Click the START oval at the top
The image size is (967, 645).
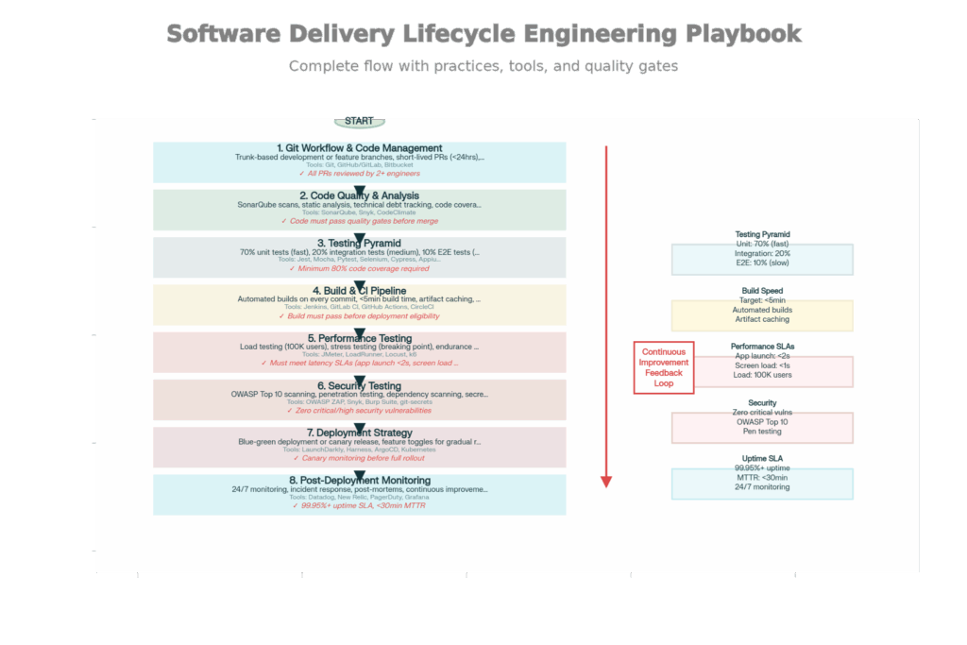coord(359,122)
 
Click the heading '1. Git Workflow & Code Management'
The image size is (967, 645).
coord(359,148)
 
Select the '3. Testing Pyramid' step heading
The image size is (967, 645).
coord(359,244)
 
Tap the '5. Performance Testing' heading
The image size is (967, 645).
coord(359,338)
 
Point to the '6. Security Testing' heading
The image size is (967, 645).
coord(359,385)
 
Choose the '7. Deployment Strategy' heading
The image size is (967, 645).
coord(359,433)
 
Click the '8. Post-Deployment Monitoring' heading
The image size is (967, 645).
coord(359,481)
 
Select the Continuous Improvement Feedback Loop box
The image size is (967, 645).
coord(664,367)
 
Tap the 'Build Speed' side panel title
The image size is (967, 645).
coord(762,291)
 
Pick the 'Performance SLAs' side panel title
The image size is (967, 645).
coord(762,347)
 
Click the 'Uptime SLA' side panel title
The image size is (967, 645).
coord(762,459)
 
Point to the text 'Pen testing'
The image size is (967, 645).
coord(762,432)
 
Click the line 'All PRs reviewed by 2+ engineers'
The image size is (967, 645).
coord(359,174)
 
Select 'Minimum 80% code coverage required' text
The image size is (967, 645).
coord(359,268)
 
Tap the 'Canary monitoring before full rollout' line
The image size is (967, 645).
coord(359,458)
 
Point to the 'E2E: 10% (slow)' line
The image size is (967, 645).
coord(762,263)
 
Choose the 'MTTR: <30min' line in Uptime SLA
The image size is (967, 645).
coord(762,478)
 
